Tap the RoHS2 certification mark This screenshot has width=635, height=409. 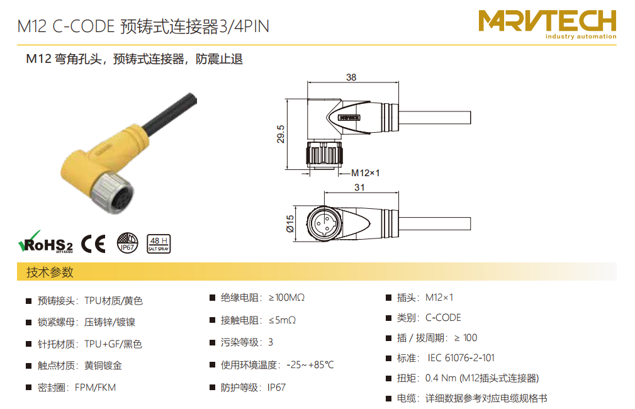tap(46, 242)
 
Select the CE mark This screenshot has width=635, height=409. tap(94, 244)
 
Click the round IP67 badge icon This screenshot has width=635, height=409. tap(128, 243)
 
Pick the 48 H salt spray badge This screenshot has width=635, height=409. tap(159, 244)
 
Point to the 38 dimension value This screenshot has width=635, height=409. tap(351, 77)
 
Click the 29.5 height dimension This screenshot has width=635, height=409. tap(281, 134)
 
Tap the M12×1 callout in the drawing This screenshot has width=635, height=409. tap(365, 173)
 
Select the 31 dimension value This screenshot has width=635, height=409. tap(359, 188)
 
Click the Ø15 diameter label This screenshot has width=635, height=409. tap(290, 223)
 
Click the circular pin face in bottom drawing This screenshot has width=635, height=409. tap(323, 223)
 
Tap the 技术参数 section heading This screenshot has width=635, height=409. tap(50, 272)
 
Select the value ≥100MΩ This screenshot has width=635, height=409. tap(287, 298)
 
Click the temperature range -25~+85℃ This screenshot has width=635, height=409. tap(310, 365)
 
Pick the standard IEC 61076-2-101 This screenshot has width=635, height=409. tap(461, 358)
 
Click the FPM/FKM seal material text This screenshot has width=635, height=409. tap(95, 388)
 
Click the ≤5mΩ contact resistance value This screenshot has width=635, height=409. tap(283, 320)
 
